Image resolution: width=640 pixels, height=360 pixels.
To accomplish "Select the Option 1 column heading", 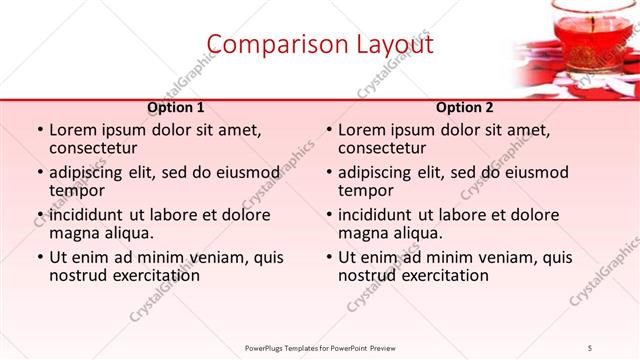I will coord(176,107).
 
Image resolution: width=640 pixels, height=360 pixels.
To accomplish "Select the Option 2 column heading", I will coord(464,107).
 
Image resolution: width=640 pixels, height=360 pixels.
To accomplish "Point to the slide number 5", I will coord(590,347).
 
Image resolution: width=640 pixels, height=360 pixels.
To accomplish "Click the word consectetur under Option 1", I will coord(97,148).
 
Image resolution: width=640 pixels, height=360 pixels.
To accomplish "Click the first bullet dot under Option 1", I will coord(38,130).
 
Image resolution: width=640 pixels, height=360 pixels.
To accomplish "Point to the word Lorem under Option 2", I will coord(362,130).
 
